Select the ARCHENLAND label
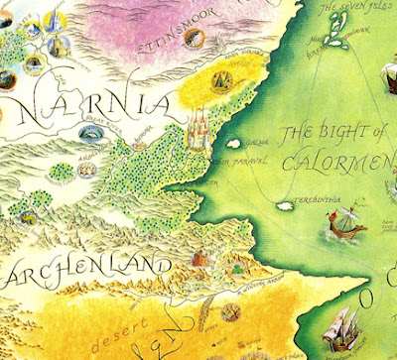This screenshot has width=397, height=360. pos(79,270)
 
